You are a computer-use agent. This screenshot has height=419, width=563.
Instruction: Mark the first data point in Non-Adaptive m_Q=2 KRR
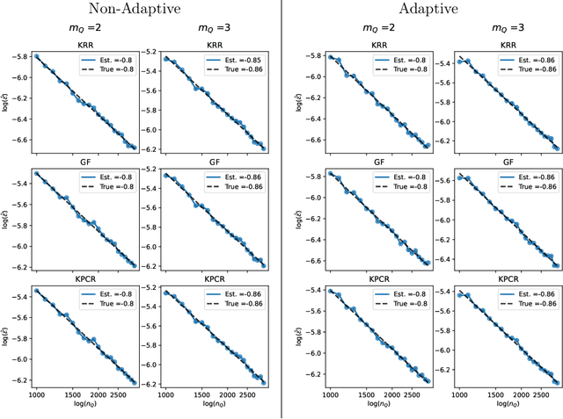click(x=36, y=56)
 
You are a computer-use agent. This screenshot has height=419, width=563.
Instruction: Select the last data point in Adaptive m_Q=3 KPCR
click(x=556, y=383)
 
